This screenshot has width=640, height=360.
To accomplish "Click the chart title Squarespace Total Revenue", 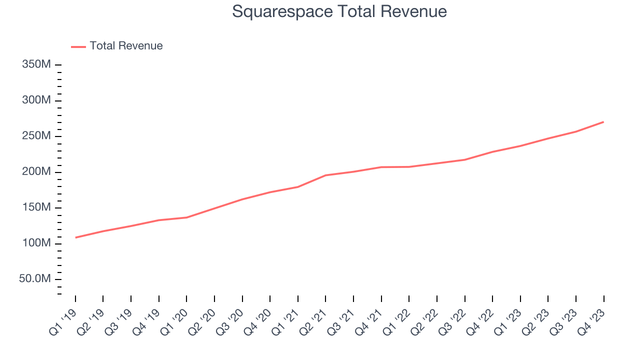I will coord(339,11).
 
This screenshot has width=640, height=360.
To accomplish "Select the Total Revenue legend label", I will coord(126,46).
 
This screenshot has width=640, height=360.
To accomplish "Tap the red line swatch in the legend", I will coord(78,46).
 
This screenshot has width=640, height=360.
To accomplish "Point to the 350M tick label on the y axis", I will coord(35,65).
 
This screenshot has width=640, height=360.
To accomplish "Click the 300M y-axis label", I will coord(35,100).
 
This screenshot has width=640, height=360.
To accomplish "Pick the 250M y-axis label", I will coord(35,136).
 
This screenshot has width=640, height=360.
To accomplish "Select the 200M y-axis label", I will coord(35,172).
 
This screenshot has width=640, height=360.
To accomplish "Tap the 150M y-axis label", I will coord(35,208).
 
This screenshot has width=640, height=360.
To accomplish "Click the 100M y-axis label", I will coord(35,243).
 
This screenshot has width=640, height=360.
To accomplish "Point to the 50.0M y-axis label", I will coord(34,279).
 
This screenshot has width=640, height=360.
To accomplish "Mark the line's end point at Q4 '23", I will coord(603,122).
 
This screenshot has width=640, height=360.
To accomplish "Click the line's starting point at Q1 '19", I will coord(75,237).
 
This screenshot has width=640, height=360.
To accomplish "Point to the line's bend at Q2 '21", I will coord(325,175).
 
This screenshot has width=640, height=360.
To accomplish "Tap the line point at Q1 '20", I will coord(186,217).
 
